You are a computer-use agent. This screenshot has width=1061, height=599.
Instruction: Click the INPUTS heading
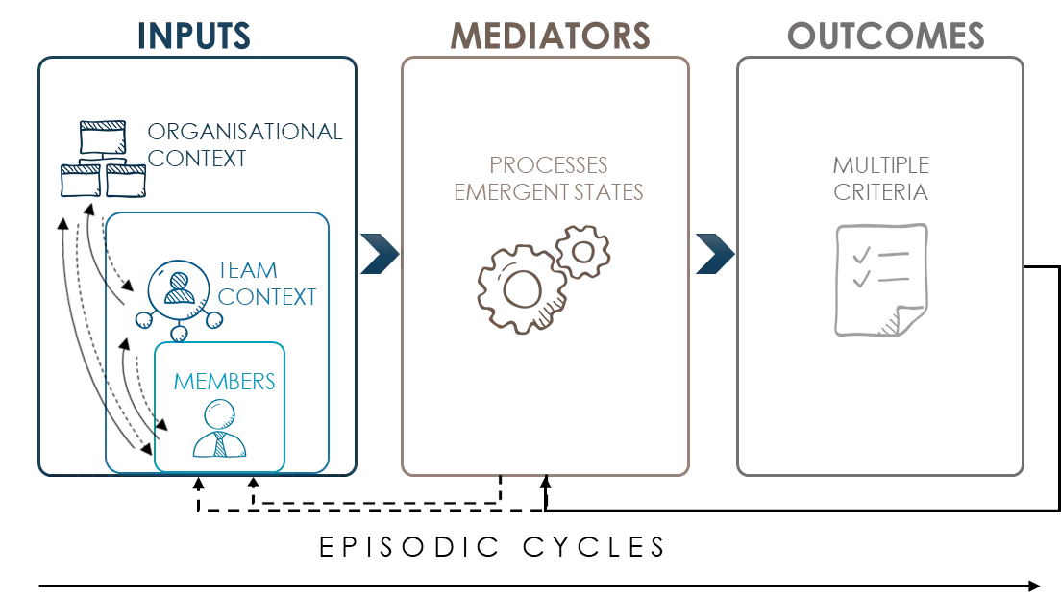click(x=196, y=36)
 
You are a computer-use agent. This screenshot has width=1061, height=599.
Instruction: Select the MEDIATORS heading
click(x=549, y=37)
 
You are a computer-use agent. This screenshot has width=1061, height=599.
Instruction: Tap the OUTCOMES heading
click(x=883, y=36)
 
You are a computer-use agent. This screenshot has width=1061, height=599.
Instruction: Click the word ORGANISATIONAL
click(x=242, y=134)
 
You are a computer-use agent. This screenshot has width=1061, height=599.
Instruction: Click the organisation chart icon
click(x=101, y=159)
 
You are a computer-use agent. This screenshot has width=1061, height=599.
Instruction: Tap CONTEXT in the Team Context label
click(x=266, y=297)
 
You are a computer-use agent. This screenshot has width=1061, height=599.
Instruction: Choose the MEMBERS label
click(x=223, y=381)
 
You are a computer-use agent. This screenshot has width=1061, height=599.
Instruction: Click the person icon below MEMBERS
click(x=221, y=430)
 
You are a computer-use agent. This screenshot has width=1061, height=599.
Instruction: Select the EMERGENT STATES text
click(x=549, y=189)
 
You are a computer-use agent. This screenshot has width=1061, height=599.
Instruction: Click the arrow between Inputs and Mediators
click(x=377, y=254)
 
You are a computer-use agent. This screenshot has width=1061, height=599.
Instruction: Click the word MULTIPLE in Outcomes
click(x=880, y=164)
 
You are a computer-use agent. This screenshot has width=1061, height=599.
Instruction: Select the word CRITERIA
click(x=880, y=191)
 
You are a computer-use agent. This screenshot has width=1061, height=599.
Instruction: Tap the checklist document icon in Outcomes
click(x=879, y=278)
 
